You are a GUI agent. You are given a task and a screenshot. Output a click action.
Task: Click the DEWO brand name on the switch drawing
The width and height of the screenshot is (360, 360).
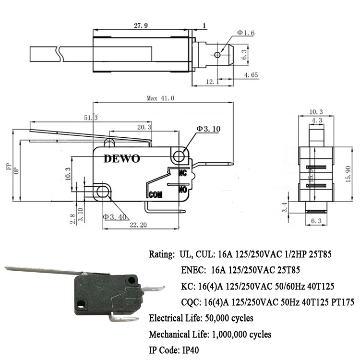[122, 159]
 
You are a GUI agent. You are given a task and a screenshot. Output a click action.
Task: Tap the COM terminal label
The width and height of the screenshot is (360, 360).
[155, 195]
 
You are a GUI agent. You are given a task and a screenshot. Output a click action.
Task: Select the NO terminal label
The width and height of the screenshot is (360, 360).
[183, 190]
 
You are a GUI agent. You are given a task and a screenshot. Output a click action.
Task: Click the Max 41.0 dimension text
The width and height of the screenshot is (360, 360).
[161, 98]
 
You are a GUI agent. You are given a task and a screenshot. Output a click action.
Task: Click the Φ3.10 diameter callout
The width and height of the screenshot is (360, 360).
[208, 129]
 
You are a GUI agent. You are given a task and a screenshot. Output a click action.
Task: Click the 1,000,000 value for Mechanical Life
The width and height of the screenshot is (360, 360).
[228, 334]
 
